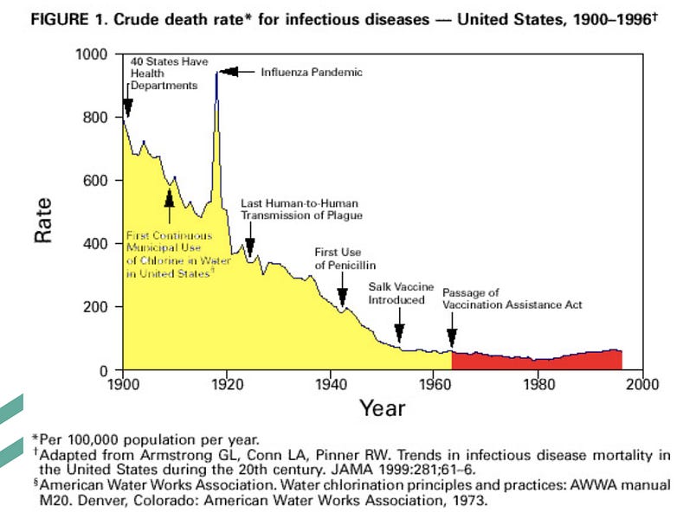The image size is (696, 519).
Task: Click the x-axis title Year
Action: (382, 407)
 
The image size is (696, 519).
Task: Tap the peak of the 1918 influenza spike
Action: (216, 74)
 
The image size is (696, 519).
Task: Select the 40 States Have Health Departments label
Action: (164, 74)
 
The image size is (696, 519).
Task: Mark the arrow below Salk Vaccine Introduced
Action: (399, 331)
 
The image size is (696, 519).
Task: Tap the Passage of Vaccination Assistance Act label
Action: (512, 298)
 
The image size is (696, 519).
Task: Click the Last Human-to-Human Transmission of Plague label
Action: (300, 208)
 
